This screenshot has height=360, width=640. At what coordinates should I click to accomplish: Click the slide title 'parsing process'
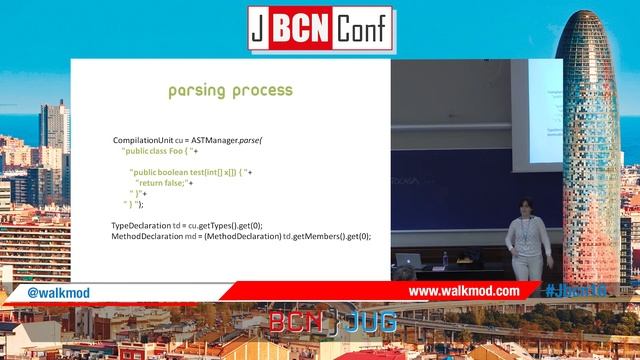(x=230, y=91)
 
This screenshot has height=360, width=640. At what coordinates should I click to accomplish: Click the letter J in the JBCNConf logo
(x=258, y=26)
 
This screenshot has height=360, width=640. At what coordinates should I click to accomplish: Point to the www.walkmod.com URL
(x=464, y=291)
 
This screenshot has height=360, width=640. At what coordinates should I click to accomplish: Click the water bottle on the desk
(x=445, y=259)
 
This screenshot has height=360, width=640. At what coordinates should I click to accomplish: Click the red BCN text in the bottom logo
(x=294, y=322)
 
